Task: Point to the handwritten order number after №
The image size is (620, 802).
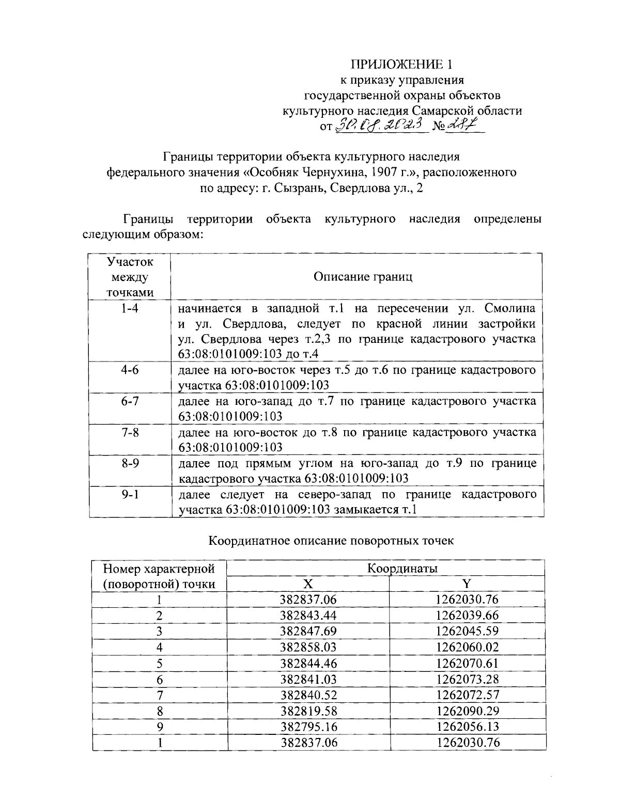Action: [461, 124]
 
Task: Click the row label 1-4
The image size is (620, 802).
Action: [130, 308]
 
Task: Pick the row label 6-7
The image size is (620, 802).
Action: [130, 401]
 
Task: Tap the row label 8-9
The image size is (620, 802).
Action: [130, 463]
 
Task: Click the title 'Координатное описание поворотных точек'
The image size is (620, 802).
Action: [331, 541]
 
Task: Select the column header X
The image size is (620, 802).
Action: [308, 584]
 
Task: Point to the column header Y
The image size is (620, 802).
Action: [467, 584]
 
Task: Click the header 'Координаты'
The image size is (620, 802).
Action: [402, 569]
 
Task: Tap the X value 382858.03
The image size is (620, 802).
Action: [308, 647]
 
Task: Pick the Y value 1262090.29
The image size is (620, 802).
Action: [467, 711]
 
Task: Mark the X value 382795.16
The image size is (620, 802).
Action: [308, 727]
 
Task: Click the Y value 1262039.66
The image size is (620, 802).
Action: [467, 616]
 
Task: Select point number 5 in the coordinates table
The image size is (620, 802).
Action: [160, 664]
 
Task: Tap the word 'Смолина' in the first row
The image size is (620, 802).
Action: [510, 308]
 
